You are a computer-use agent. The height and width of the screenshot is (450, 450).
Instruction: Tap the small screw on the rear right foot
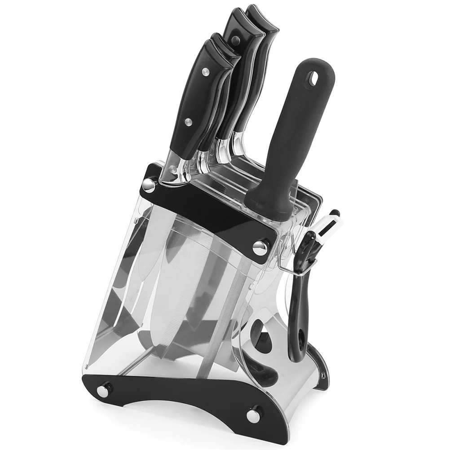click(322, 373)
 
